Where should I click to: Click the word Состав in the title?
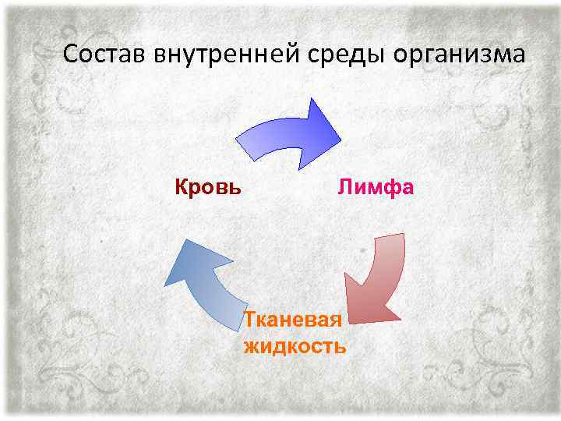tap(105, 55)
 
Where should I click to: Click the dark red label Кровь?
tap(206, 188)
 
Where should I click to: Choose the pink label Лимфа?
tap(375, 188)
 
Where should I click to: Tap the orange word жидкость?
tap(295, 345)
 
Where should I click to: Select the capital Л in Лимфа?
tap(344, 188)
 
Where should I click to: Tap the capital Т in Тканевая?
tap(249, 320)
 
